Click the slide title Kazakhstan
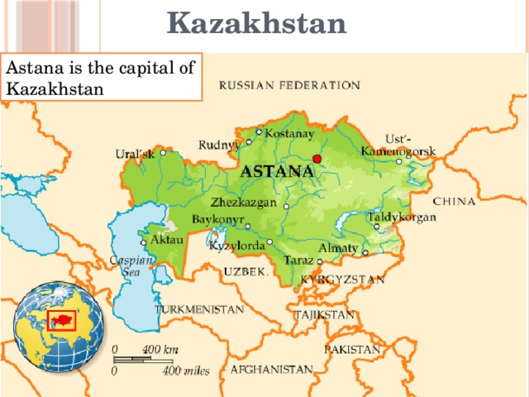pyautogui.click(x=256, y=23)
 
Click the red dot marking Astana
pyautogui.click(x=317, y=159)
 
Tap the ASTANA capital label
pyautogui.click(x=277, y=172)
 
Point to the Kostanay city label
pyautogui.click(x=288, y=133)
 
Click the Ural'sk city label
pyautogui.click(x=134, y=155)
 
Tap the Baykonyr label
pyautogui.click(x=217, y=219)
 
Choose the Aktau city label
pyautogui.click(x=162, y=238)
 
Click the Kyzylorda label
pyautogui.click(x=237, y=246)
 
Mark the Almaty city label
pyautogui.click(x=337, y=248)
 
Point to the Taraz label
pyautogui.click(x=298, y=261)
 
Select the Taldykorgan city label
pyautogui.click(x=401, y=218)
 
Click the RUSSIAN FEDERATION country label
pyautogui.click(x=289, y=85)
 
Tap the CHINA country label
pyautogui.click(x=455, y=201)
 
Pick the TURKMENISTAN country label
pyautogui.click(x=199, y=309)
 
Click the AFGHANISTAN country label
pyautogui.click(x=271, y=369)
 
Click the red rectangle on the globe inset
pyautogui.click(x=63, y=319)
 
